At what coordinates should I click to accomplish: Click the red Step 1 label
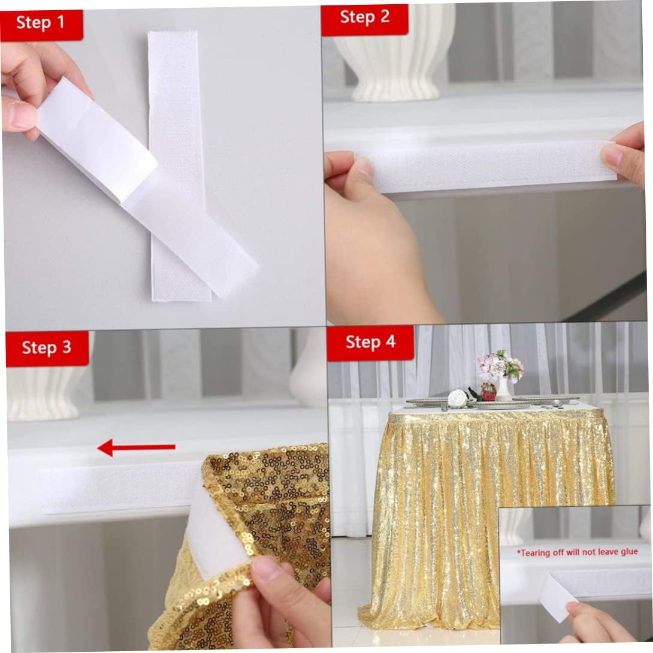tap(41, 25)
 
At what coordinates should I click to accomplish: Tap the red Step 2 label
tap(364, 19)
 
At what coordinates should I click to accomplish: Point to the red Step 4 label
tap(370, 343)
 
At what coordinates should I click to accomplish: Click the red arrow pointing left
tap(136, 448)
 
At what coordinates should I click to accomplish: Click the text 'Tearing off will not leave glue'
tap(577, 552)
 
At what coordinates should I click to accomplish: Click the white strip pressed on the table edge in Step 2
tap(487, 167)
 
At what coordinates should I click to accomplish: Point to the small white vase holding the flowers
tap(504, 389)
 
